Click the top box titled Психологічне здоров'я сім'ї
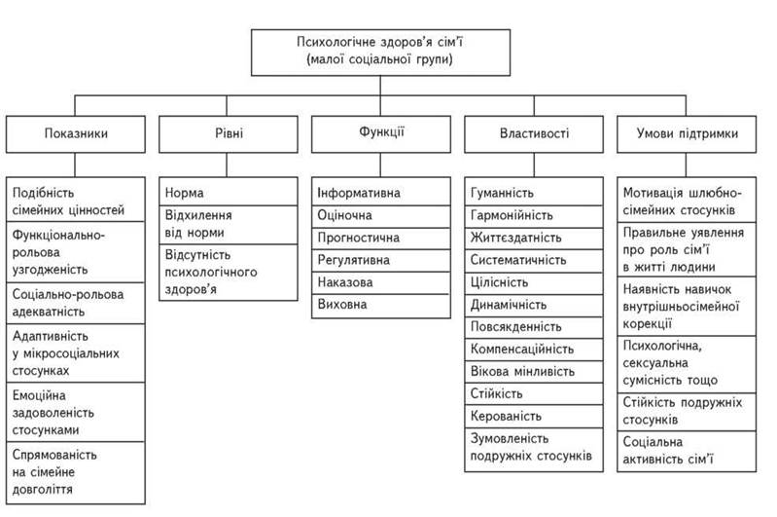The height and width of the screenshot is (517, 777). pyautogui.click(x=380, y=53)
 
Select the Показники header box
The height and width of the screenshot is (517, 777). pyautogui.click(x=75, y=134)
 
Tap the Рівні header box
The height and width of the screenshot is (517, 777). pyautogui.click(x=229, y=134)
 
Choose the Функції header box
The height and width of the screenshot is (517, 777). pyautogui.click(x=381, y=134)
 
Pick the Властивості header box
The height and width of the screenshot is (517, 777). pyautogui.click(x=534, y=134)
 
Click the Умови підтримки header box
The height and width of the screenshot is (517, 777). pyautogui.click(x=687, y=134)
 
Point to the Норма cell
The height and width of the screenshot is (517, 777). pyautogui.click(x=229, y=192)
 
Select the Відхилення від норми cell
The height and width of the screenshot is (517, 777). pyautogui.click(x=229, y=224)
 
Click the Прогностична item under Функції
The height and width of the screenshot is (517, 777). pyautogui.click(x=381, y=238)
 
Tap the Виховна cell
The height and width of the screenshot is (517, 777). pyautogui.click(x=381, y=306)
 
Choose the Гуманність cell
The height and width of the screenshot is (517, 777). pyautogui.click(x=534, y=192)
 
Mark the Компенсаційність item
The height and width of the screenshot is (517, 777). pyautogui.click(x=534, y=350)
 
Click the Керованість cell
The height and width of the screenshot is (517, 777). pyautogui.click(x=534, y=417)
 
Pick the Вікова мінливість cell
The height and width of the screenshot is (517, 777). pyautogui.click(x=534, y=372)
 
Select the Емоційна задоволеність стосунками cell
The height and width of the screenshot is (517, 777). pyautogui.click(x=75, y=412)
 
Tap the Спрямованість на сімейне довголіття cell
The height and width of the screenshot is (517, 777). pyautogui.click(x=75, y=472)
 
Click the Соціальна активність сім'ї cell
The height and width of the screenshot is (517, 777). pyautogui.click(x=687, y=451)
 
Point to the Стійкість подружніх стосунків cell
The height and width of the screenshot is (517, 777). pyautogui.click(x=687, y=412)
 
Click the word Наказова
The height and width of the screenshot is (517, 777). pyautogui.click(x=345, y=282)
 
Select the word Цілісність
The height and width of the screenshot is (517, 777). pyautogui.click(x=499, y=282)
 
